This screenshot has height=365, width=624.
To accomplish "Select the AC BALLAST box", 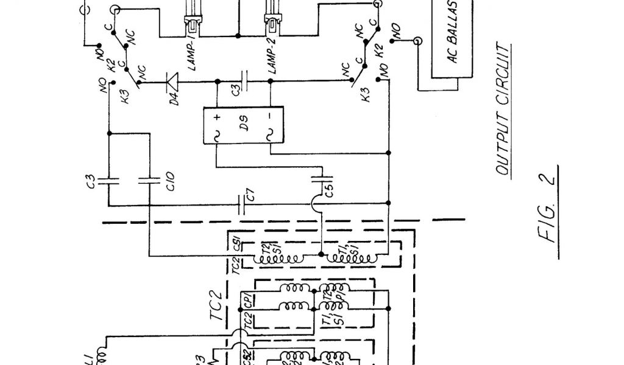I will (453, 38).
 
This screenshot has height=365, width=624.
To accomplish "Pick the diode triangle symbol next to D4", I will (173, 80).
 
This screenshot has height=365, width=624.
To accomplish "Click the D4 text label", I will (174, 97).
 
